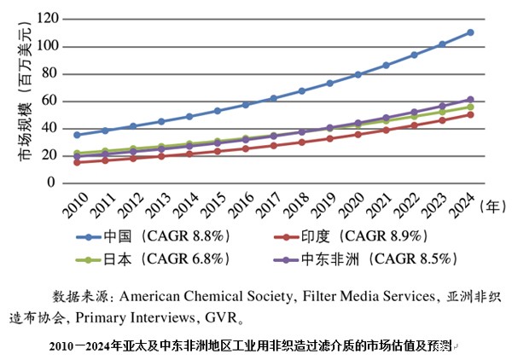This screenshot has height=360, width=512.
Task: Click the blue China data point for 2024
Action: click(470, 32)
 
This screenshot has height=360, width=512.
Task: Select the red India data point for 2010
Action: click(78, 162)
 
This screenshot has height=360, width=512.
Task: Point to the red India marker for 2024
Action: click(470, 114)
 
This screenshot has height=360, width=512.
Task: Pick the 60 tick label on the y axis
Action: click(51, 101)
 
